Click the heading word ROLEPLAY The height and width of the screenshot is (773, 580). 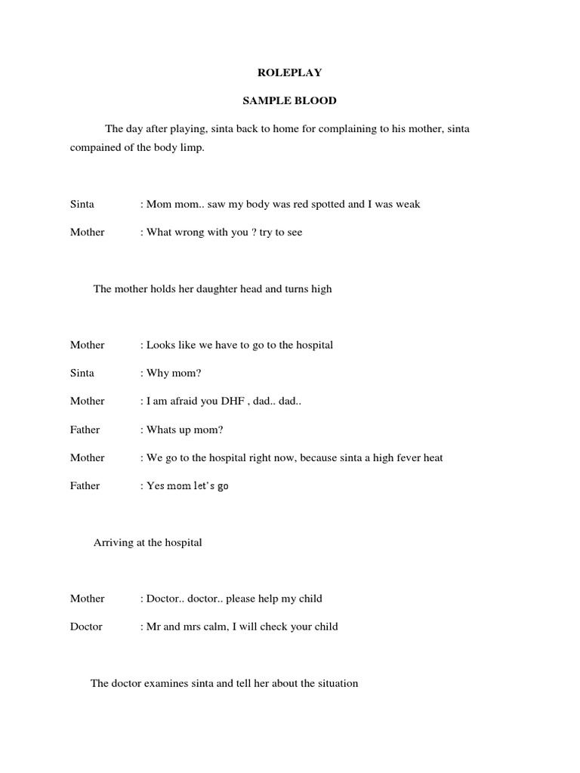click(290, 73)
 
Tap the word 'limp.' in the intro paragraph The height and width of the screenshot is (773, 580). click(192, 148)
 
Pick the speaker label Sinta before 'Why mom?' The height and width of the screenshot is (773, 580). click(82, 373)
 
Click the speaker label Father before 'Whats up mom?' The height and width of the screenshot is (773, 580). click(85, 430)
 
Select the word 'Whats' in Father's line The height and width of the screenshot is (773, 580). click(161, 430)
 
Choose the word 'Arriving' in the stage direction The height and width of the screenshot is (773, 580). click(113, 542)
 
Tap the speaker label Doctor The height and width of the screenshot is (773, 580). click(86, 627)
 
